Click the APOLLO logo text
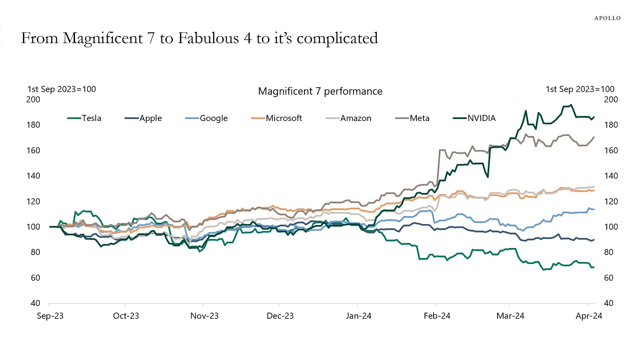coord(607,18)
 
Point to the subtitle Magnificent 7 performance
coord(320,91)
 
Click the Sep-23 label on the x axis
coord(50,316)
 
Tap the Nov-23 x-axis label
coord(205,316)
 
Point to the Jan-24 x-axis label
coord(359,316)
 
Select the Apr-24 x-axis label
coord(588,316)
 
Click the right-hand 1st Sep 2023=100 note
coord(580,89)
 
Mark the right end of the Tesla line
coord(594,267)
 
